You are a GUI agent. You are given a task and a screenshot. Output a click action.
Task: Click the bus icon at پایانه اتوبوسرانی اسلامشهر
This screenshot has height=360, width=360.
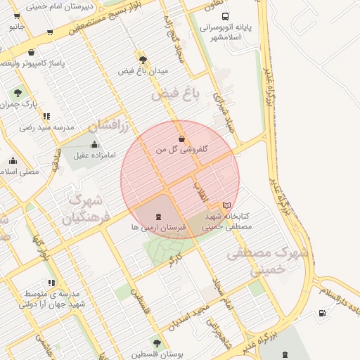coord(225,16)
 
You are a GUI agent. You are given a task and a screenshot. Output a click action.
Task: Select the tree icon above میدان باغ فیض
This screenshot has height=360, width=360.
coord(143,60)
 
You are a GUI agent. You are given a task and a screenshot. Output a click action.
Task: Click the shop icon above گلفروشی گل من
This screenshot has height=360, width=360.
coord(182,139)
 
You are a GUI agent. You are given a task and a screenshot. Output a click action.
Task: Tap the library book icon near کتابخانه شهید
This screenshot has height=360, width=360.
coord(226,205)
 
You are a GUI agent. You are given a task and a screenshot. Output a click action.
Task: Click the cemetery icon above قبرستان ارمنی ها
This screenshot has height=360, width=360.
coord(158,216)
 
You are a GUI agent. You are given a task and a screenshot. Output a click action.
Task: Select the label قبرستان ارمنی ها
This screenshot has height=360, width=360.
coord(158,228)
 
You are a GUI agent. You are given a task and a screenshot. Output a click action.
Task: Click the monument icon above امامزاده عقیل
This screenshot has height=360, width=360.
coord(95,145)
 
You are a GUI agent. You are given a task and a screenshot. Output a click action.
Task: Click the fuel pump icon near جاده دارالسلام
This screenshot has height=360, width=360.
coord(322,313)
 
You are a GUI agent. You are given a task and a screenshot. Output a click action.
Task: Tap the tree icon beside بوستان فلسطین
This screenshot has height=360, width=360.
coord(156,343)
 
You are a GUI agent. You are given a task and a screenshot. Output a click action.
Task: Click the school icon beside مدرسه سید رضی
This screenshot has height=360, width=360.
coord(46,117)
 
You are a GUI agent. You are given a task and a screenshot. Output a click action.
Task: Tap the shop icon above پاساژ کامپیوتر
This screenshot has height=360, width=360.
coord(31,52)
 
